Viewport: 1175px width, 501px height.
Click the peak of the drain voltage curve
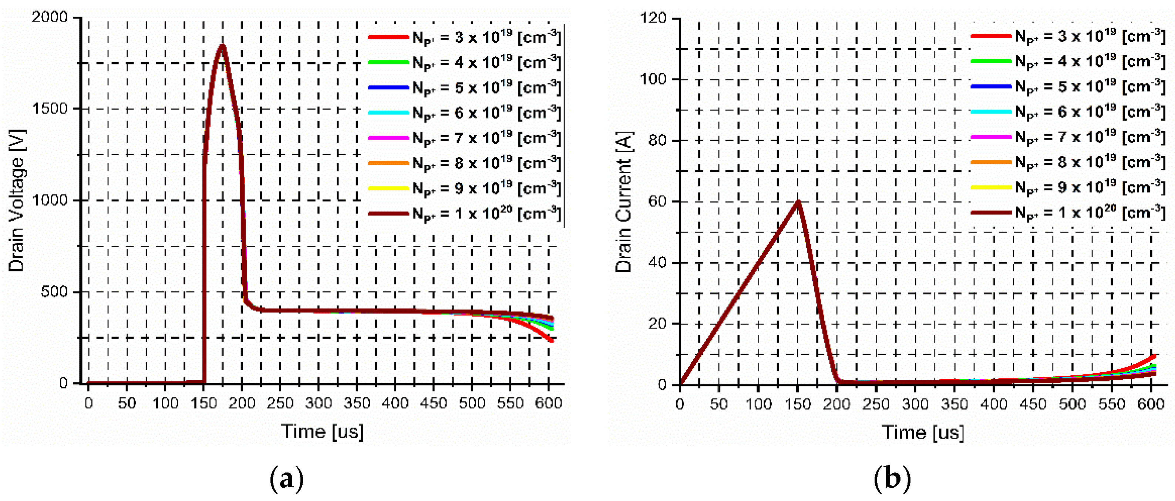[222, 45]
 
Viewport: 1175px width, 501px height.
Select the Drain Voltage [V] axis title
[16, 201]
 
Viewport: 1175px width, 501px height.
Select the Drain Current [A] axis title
[623, 202]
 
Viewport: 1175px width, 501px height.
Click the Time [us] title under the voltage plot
[322, 431]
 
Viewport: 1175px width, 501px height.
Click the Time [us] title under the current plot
[923, 432]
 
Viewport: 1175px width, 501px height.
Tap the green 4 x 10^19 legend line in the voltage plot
[388, 62]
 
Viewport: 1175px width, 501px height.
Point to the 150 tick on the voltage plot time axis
[203, 403]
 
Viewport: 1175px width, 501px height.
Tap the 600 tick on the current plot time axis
[1151, 404]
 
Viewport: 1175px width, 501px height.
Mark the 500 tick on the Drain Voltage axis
[54, 291]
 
